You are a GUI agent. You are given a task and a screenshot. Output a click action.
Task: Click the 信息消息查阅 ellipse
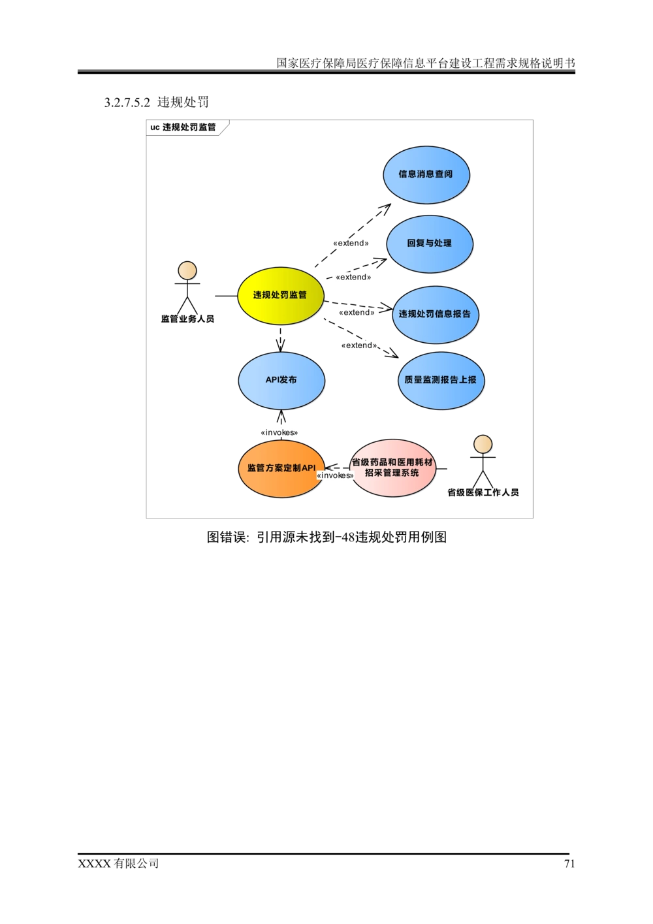[x=426, y=174]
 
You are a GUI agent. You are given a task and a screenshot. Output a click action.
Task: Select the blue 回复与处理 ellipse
[x=430, y=243]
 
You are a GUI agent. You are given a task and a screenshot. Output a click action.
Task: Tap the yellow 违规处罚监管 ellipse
[x=280, y=295]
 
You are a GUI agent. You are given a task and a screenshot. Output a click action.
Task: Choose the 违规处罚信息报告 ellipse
[x=435, y=314]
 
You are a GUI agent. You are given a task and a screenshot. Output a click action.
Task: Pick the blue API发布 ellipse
[x=281, y=380]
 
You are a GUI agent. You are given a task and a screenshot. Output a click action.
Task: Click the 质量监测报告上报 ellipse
[x=441, y=380]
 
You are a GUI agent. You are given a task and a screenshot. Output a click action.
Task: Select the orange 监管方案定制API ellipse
[x=281, y=469]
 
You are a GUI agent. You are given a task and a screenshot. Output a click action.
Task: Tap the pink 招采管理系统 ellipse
[x=392, y=468]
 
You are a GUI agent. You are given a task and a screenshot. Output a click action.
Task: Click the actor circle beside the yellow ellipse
[x=187, y=270]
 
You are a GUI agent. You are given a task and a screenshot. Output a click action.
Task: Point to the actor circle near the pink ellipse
[x=483, y=444]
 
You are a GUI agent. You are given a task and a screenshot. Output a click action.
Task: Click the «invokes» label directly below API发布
[x=279, y=432]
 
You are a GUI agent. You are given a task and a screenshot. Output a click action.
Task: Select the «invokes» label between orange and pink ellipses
[x=335, y=475]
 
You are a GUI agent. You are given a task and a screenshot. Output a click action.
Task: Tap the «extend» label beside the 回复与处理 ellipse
[x=351, y=244]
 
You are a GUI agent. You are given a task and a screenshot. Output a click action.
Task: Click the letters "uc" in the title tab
[x=154, y=127]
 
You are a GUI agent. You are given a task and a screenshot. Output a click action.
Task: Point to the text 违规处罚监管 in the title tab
[x=189, y=127]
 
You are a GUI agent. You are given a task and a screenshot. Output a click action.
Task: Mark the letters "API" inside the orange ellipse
[x=308, y=468]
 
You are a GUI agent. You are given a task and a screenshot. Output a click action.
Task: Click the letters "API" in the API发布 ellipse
[x=272, y=380]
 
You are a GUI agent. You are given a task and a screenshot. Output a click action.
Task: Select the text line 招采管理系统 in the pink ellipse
[x=392, y=473]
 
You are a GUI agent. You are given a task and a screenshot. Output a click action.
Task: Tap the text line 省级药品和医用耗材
[x=392, y=462]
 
